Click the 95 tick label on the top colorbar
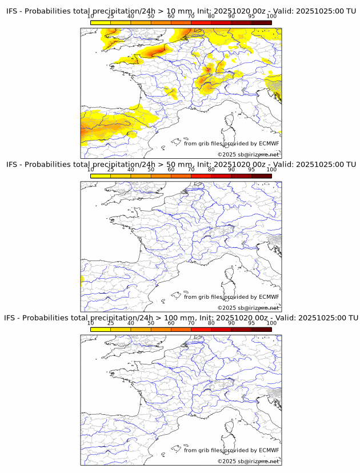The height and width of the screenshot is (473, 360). click(x=251, y=17)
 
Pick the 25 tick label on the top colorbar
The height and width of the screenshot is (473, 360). click(x=110, y=17)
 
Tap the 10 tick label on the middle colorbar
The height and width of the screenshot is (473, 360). click(x=91, y=170)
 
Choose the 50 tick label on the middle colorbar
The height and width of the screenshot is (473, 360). click(x=151, y=170)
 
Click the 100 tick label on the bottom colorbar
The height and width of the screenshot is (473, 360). click(x=271, y=323)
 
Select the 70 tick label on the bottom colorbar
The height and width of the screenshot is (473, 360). click(x=191, y=323)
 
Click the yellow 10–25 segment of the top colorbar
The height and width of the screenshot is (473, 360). click(x=101, y=22)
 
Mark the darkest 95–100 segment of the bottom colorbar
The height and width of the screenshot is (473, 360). click(x=261, y=329)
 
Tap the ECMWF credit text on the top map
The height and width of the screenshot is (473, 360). click(x=269, y=144)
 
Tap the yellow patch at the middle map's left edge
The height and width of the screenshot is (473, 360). click(x=82, y=280)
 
